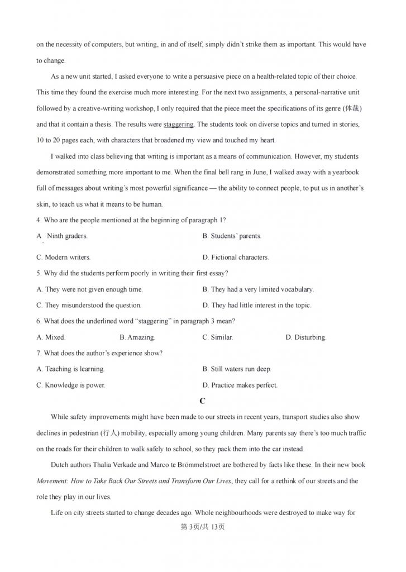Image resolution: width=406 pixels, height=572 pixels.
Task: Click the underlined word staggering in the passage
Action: [178, 124]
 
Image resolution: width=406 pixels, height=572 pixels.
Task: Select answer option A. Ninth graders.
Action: [62, 236]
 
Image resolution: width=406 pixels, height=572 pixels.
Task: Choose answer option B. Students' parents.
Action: [232, 236]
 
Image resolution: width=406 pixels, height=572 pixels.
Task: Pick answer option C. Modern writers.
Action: [63, 258]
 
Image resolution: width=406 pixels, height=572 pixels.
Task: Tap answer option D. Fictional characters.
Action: [236, 258]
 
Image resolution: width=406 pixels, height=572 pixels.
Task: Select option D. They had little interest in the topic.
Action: [257, 306]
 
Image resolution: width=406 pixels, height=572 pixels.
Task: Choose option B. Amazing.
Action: [137, 337]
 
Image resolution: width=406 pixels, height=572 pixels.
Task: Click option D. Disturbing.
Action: [305, 337]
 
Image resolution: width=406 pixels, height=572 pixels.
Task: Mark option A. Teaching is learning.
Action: [70, 369]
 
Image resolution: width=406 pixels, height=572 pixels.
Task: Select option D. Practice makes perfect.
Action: [240, 385]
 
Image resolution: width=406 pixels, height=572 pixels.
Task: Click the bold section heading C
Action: [203, 401]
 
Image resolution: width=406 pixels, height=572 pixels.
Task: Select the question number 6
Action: [38, 321]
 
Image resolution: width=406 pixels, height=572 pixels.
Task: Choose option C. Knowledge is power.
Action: [70, 385]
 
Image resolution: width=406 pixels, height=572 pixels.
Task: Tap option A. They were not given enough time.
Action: [89, 289]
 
